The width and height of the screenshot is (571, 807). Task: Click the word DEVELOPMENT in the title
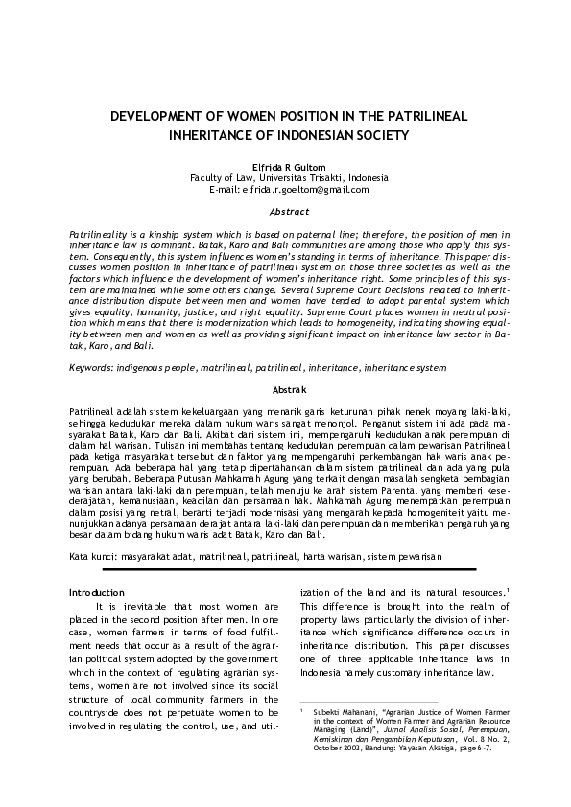[x=157, y=115]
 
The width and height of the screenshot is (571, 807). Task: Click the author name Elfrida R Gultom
[x=284, y=167]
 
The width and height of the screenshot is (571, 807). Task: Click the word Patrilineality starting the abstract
[x=97, y=235]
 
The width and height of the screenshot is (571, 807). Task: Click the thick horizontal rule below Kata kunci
[x=288, y=570]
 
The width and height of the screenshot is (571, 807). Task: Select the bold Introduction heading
[x=97, y=592]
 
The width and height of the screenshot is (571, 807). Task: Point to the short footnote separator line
[x=356, y=701]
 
